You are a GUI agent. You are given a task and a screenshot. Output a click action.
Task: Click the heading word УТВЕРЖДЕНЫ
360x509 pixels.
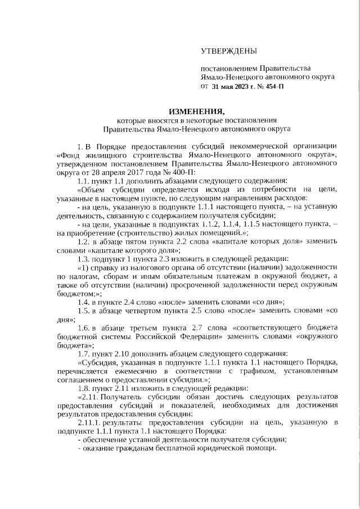(228, 52)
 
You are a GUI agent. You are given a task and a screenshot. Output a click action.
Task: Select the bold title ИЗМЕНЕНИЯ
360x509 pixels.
(196, 110)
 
